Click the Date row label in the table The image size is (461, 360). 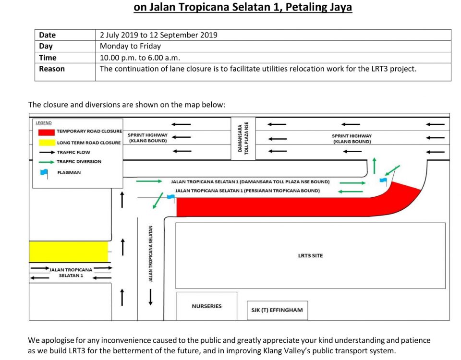tap(47, 35)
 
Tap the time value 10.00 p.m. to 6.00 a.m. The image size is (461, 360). tap(140, 58)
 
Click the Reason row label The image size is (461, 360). tap(52, 69)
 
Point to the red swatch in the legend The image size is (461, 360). tap(47, 132)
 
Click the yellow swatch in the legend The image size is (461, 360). tap(47, 143)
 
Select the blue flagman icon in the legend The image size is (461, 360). tap(44, 173)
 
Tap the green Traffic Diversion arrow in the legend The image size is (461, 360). tap(47, 162)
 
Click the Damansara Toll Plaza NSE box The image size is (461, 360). tap(243, 138)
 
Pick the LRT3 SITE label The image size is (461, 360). tap(310, 256)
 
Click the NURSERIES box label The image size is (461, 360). tap(206, 306)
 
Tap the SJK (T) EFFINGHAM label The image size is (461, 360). tap(277, 310)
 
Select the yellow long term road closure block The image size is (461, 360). tap(69, 252)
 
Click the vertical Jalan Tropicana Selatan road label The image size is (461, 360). tap(150, 254)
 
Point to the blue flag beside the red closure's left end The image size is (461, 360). tap(171, 197)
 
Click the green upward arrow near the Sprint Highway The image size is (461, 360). tap(374, 166)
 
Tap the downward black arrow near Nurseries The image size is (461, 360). tap(150, 297)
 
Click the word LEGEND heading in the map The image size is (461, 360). tap(44, 123)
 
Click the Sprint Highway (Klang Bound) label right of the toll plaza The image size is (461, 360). tap(352, 139)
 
